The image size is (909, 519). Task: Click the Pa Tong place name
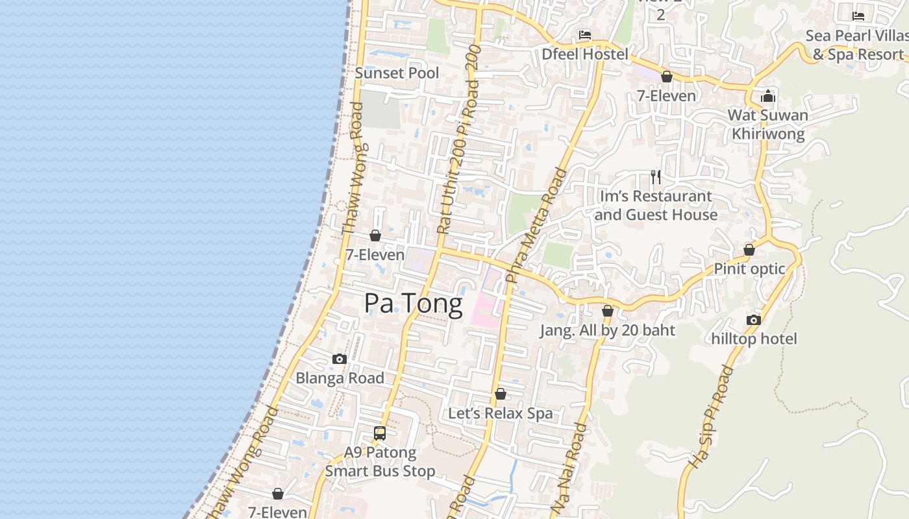(x=413, y=304)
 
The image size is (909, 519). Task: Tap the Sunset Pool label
(x=397, y=73)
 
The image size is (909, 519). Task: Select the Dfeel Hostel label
(x=585, y=54)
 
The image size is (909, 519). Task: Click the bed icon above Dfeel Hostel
(x=585, y=35)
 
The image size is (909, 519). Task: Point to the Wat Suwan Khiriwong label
(x=768, y=125)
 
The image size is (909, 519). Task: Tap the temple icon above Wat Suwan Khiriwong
(x=768, y=97)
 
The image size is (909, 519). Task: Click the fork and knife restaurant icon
(x=656, y=176)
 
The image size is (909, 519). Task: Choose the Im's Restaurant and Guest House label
(x=656, y=205)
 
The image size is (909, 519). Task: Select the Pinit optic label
(x=749, y=269)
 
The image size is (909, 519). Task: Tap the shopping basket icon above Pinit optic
(x=749, y=250)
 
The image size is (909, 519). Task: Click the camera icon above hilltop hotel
(x=753, y=320)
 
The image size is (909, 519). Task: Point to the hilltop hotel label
(x=754, y=339)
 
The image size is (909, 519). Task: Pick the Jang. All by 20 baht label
(x=607, y=330)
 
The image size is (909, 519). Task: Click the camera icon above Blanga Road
(x=339, y=359)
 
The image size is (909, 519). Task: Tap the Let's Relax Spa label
(x=500, y=413)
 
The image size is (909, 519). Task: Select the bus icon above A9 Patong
(x=380, y=433)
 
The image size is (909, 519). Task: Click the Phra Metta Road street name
(x=536, y=224)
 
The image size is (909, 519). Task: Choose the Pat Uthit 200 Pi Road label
(x=458, y=139)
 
